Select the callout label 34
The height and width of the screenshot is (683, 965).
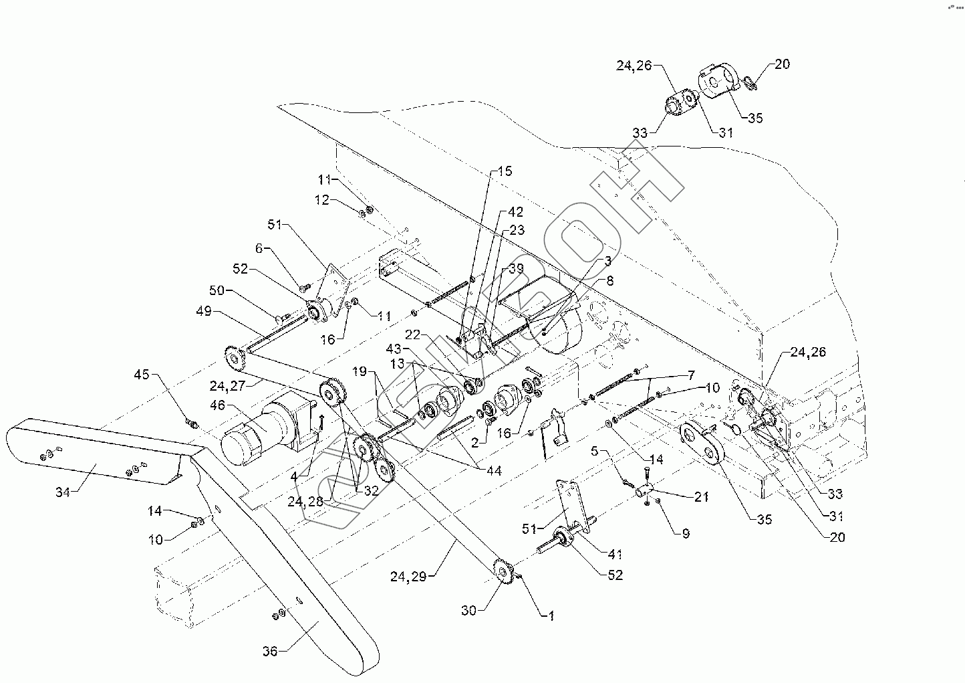point(63,492)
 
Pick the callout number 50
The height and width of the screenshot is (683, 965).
point(219,291)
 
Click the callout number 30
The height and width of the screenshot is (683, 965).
point(468,609)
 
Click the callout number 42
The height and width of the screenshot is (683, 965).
point(515,212)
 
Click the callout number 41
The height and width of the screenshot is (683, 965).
point(614,554)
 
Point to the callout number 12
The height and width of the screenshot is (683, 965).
point(323,200)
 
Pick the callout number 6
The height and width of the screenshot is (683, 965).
point(259,248)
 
